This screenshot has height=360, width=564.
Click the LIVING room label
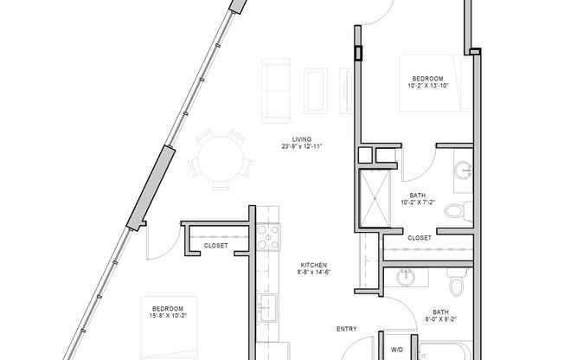[x=302, y=139]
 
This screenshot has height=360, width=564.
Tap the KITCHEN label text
[x=314, y=266]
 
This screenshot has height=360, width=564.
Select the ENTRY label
[x=347, y=329]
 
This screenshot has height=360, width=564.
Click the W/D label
[x=397, y=350]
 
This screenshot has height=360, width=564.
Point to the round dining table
[x=221, y=159]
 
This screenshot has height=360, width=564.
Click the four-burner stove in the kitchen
[x=268, y=237]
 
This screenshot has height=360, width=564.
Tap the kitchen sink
[x=267, y=307]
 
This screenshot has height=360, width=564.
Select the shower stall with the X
[x=375, y=198]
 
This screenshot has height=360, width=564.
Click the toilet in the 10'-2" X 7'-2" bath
[x=458, y=211]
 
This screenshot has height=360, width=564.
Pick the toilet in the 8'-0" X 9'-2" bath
[x=458, y=281]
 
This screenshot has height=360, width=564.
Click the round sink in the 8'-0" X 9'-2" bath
[x=406, y=278]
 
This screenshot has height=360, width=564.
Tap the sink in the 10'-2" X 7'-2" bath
[x=464, y=170]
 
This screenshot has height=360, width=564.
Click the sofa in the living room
[x=276, y=91]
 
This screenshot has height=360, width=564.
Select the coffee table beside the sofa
[x=316, y=91]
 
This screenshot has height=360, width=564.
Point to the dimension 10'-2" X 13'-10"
[x=428, y=86]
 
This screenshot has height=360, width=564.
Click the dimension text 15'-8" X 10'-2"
[x=168, y=316]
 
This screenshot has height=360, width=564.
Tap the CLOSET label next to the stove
[x=215, y=246]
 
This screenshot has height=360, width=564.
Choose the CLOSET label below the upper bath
[x=420, y=238]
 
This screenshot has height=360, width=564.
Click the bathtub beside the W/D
[x=445, y=350]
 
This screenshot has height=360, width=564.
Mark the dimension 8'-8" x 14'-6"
[x=314, y=272]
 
